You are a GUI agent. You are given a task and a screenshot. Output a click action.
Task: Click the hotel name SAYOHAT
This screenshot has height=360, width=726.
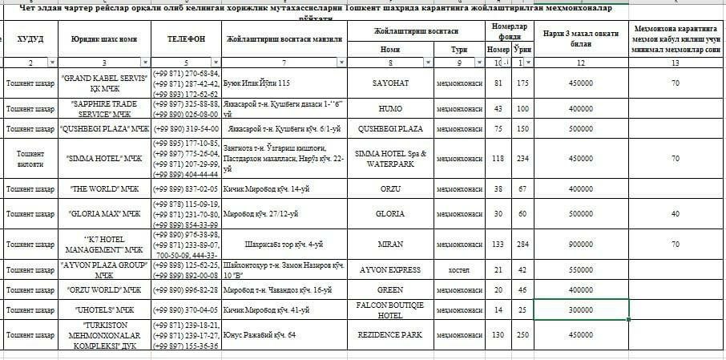(x=390, y=83)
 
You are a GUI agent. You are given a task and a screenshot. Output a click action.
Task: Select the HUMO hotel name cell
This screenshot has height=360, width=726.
(x=390, y=109)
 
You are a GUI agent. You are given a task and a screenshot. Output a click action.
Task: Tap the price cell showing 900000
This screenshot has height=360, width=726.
(x=581, y=245)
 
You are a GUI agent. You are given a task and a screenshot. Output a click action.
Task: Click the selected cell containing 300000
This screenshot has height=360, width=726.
(x=581, y=309)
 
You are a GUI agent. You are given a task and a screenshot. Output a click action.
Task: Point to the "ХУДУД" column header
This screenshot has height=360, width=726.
(x=30, y=38)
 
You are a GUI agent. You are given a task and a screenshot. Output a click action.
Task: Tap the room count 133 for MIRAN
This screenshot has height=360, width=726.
(x=498, y=245)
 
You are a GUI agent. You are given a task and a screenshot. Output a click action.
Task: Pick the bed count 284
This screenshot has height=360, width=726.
(x=522, y=245)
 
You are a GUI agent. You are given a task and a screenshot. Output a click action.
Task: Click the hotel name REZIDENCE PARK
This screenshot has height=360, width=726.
(x=390, y=334)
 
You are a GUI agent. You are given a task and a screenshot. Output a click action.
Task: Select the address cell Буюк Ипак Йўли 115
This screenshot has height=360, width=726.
(x=257, y=83)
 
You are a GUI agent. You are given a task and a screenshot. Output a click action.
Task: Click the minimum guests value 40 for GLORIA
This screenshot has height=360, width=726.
(x=676, y=214)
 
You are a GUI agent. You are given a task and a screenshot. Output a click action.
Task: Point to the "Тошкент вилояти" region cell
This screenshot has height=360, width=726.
(x=30, y=158)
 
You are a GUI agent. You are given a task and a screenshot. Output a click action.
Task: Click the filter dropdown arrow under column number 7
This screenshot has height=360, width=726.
(x=345, y=62)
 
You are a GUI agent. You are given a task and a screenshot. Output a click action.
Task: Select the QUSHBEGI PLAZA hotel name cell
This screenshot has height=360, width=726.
(x=390, y=128)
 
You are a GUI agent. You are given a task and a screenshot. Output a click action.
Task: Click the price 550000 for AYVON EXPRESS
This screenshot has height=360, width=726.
(x=581, y=269)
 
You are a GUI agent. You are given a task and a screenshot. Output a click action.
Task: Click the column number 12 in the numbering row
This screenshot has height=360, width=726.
(x=581, y=63)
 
